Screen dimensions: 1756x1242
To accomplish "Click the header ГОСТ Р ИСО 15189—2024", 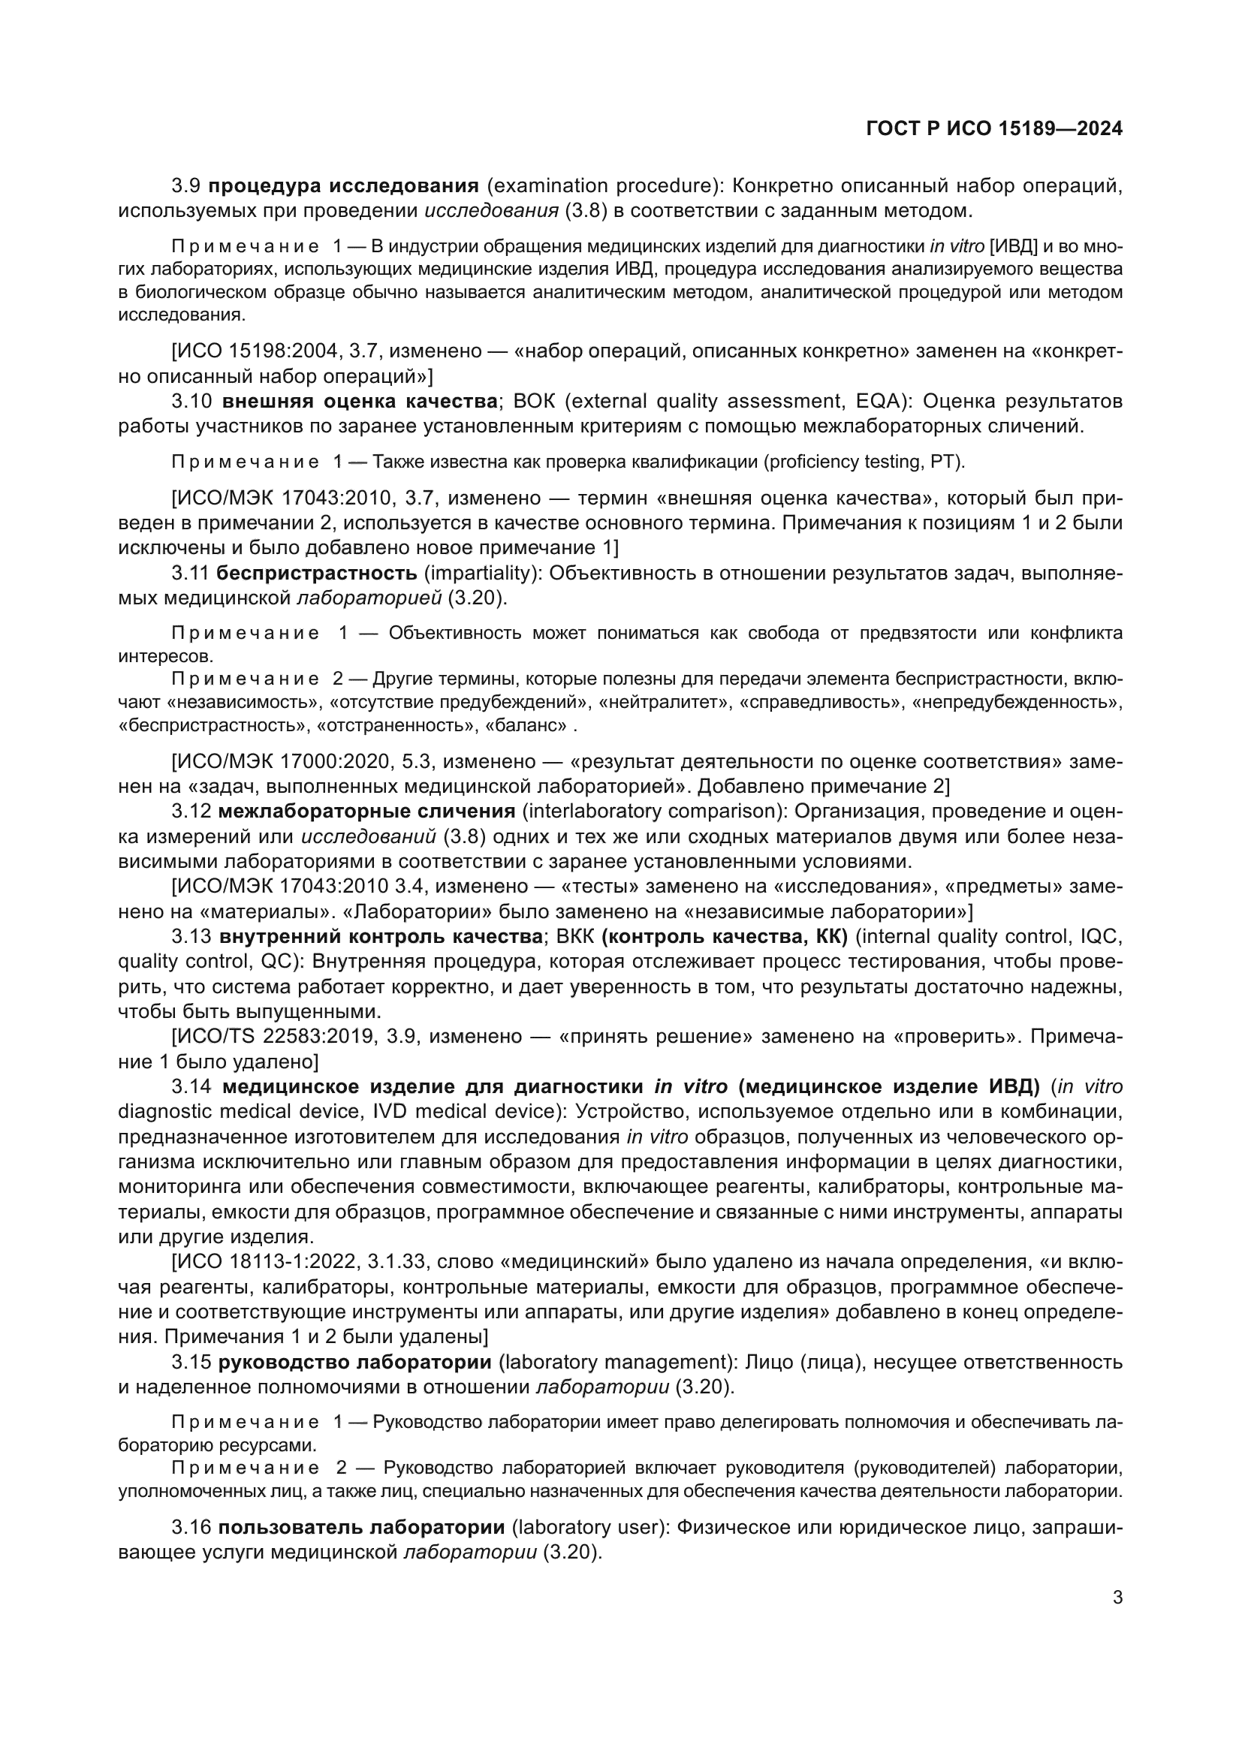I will (x=994, y=128).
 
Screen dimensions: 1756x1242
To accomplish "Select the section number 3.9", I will (x=187, y=186).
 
